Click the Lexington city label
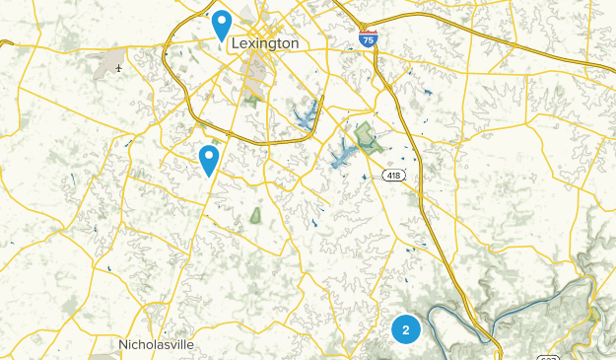263,44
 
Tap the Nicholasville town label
156,345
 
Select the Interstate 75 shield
367,39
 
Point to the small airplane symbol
119,68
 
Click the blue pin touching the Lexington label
223,25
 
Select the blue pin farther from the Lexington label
209,159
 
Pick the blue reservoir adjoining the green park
345,152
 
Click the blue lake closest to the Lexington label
306,114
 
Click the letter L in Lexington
233,44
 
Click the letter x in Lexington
250,45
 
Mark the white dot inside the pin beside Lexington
223,20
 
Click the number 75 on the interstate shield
367,41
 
